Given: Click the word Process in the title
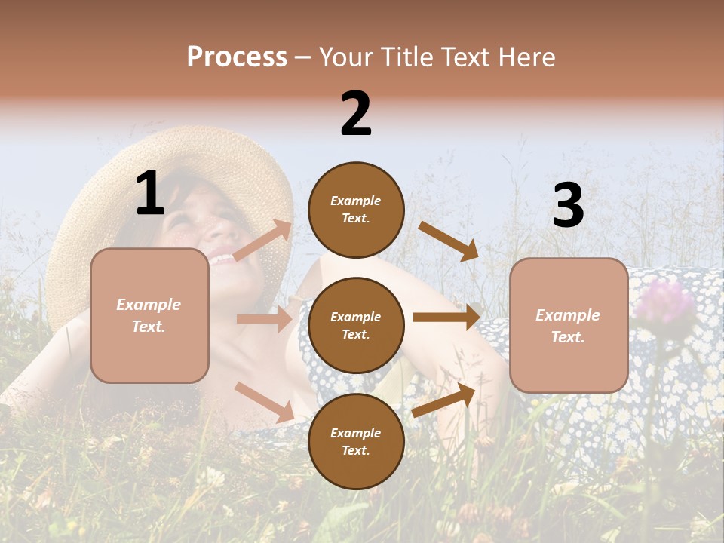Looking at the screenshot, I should pos(237,57).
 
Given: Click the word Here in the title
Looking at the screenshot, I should pos(526,57).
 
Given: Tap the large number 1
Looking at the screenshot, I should pos(150,194).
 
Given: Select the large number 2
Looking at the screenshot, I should pos(356,114).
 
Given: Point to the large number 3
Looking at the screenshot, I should pos(568,206).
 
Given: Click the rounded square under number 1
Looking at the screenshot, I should pos(149,315).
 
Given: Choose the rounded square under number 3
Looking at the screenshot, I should pos(569,325).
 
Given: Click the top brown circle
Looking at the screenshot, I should pos(356,210).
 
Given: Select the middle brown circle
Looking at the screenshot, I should pos(356,325).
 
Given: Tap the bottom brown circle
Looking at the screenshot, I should pos(356,441).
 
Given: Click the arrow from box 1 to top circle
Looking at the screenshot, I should pos(262,241).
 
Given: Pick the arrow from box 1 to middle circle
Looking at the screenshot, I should pos(264,319).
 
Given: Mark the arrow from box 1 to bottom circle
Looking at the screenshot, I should pos(264,402).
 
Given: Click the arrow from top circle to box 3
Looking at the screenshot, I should pos(448,241).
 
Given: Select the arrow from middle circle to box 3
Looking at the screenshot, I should pos(446,318).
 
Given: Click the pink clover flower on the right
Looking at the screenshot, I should pos(664,301).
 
